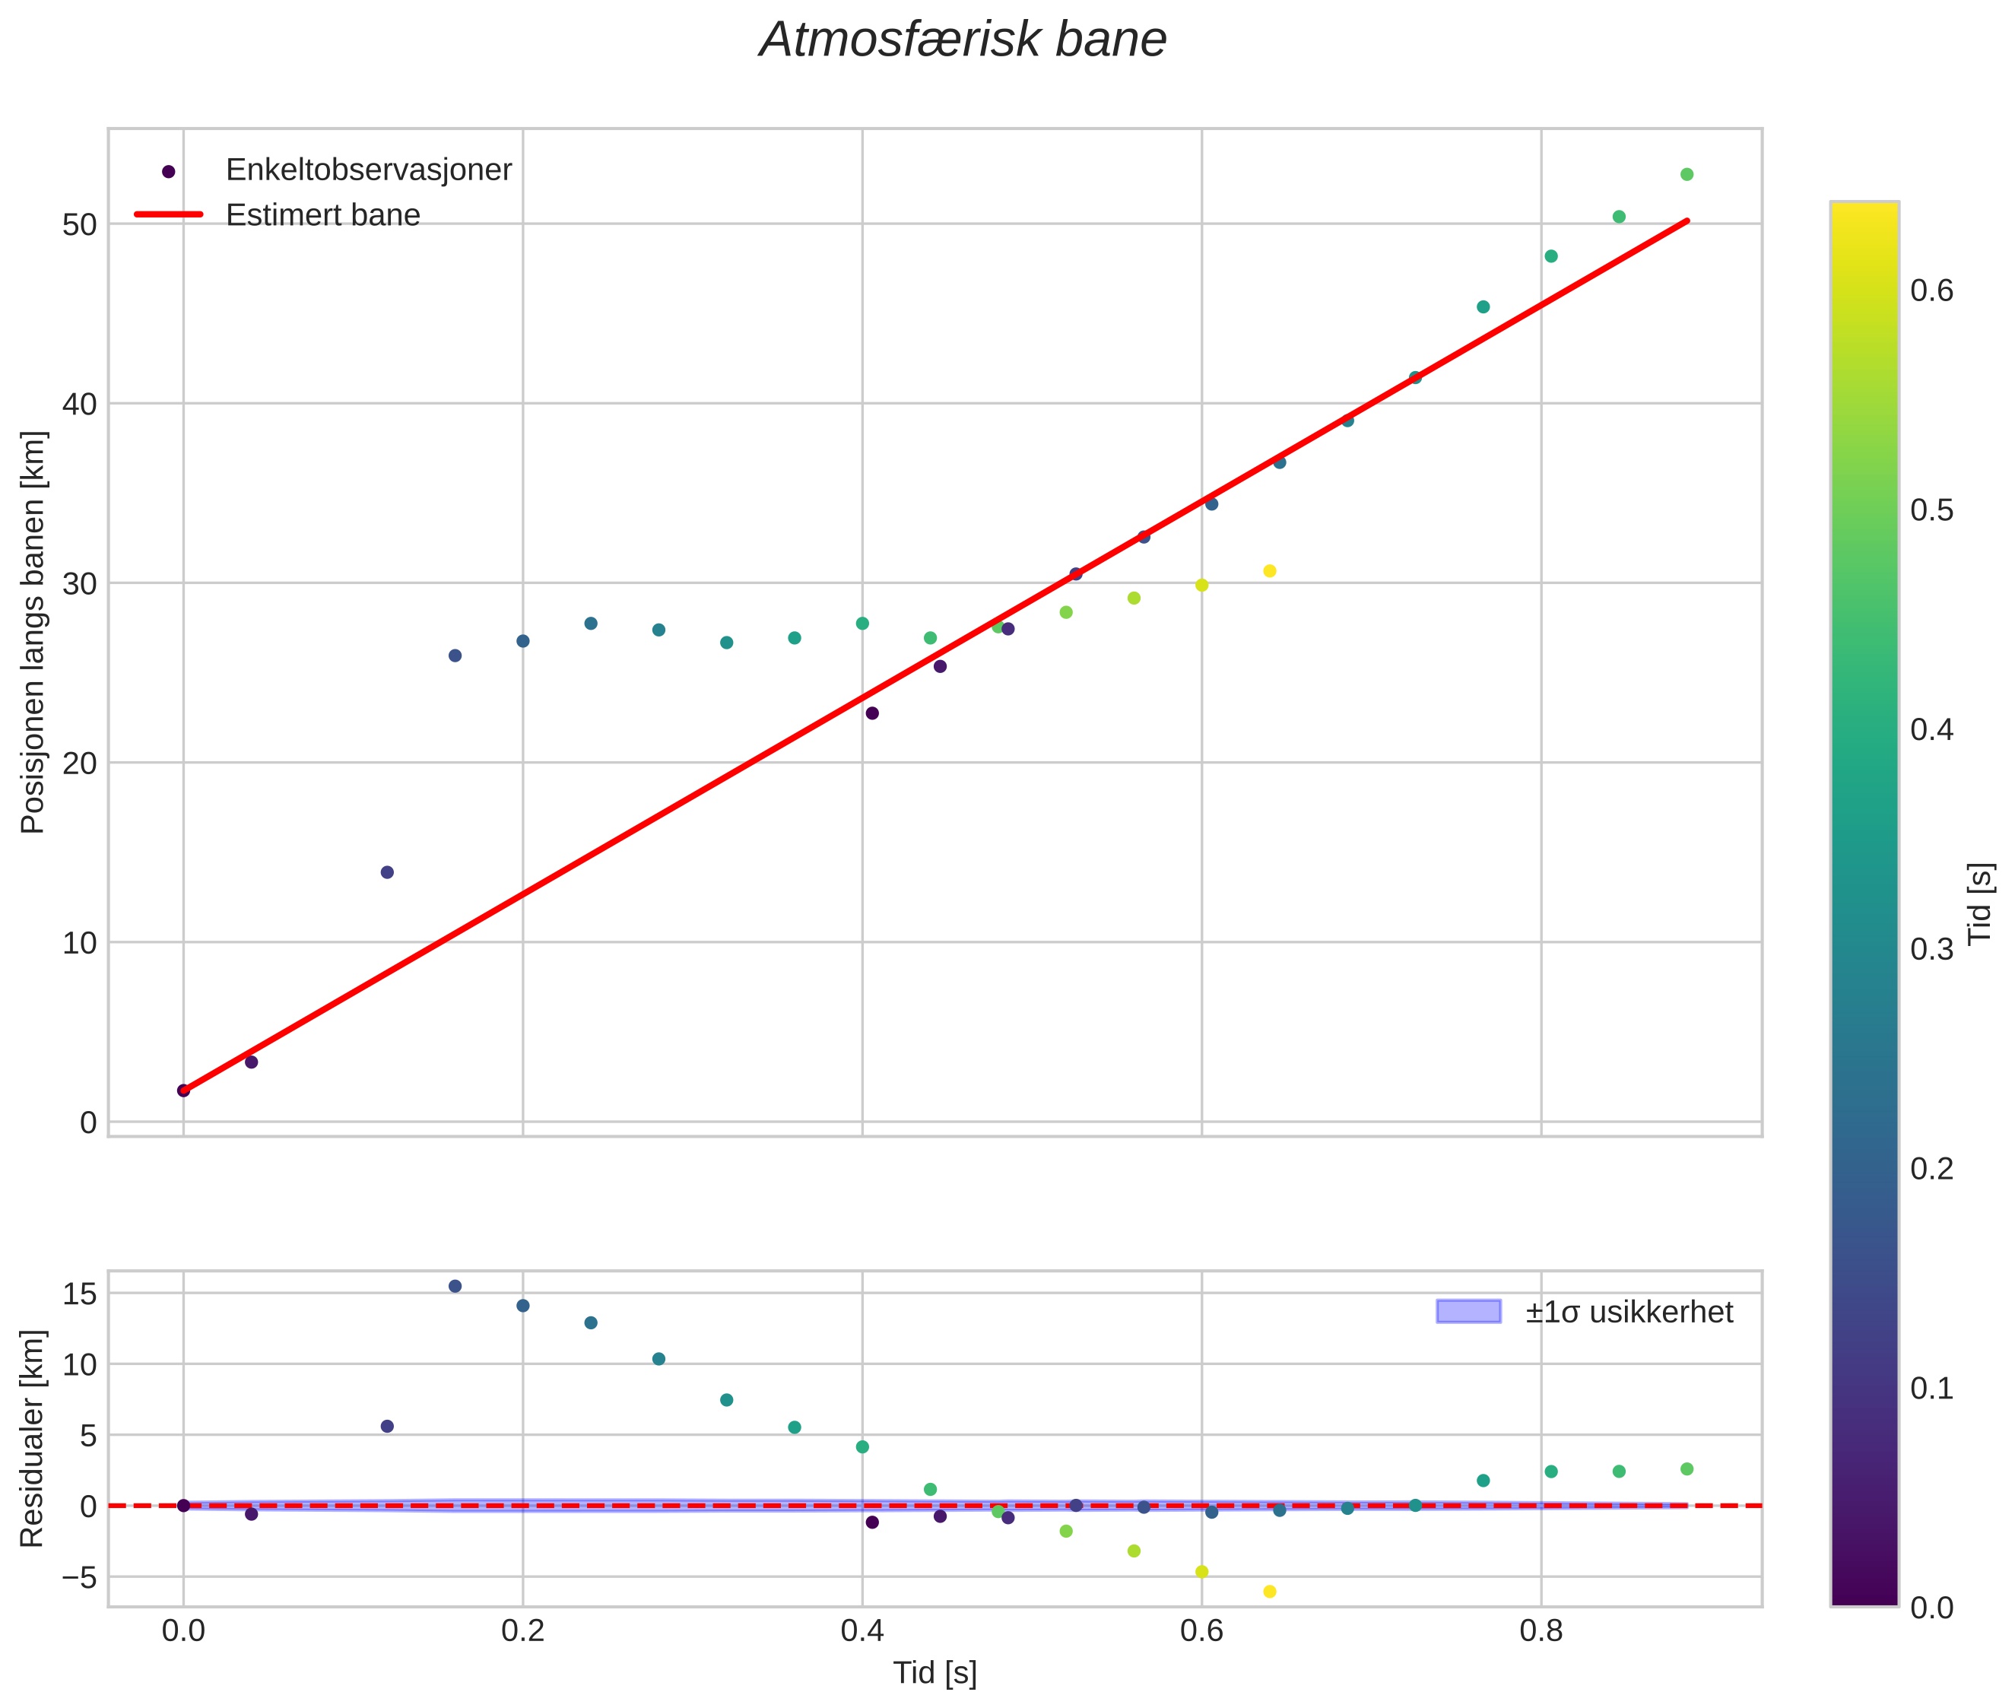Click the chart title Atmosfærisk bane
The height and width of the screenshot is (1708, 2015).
click(x=963, y=40)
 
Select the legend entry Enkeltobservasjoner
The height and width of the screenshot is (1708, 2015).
click(x=368, y=170)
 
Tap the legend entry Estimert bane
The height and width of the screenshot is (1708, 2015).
click(x=322, y=215)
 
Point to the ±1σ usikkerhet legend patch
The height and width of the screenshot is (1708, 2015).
click(x=1468, y=1312)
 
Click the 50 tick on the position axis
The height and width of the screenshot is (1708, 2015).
click(x=81, y=224)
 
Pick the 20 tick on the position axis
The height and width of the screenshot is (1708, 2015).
click(x=81, y=763)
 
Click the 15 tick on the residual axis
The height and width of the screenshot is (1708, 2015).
click(x=81, y=1294)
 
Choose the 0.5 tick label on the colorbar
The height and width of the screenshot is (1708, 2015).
click(x=1931, y=510)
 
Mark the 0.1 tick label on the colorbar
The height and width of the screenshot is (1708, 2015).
click(x=1931, y=1389)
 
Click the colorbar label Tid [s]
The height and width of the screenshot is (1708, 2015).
click(x=1981, y=903)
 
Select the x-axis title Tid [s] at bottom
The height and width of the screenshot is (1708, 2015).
click(x=935, y=1674)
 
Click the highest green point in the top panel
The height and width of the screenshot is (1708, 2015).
click(x=1687, y=174)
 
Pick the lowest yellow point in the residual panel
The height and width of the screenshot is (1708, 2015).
click(x=1269, y=1592)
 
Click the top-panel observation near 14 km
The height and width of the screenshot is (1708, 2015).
click(x=387, y=872)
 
